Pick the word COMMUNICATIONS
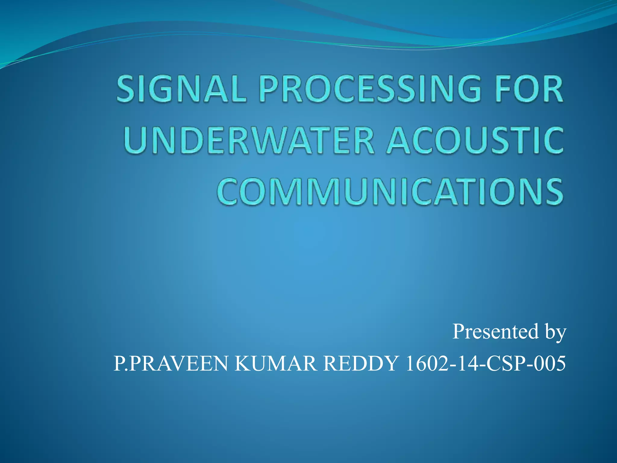point(390,192)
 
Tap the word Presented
point(495,332)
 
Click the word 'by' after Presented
point(555,333)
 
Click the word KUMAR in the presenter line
point(275,364)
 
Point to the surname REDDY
point(360,364)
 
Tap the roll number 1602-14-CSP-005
point(485,364)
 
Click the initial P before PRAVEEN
point(118,364)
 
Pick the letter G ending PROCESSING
point(468,89)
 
